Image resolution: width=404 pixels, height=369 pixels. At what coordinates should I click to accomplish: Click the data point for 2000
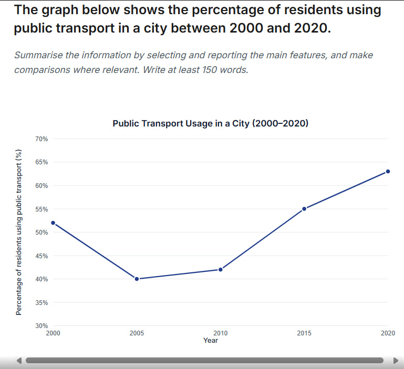pyautogui.click(x=53, y=223)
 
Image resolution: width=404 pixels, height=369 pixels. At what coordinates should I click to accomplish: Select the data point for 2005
pyautogui.click(x=137, y=279)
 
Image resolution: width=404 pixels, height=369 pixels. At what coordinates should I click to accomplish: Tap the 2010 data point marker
pyautogui.click(x=221, y=270)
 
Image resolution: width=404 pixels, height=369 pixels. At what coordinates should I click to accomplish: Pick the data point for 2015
pyautogui.click(x=304, y=209)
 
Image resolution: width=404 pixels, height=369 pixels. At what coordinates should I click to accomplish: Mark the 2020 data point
pyautogui.click(x=388, y=172)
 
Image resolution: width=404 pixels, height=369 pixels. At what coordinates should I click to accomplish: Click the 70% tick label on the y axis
pyautogui.click(x=42, y=139)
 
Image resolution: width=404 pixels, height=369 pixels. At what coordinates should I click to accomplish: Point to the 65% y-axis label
pyautogui.click(x=42, y=162)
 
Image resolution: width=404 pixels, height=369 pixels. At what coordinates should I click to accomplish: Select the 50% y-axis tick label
pyautogui.click(x=42, y=233)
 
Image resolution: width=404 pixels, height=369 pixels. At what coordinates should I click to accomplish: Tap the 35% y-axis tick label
pyautogui.click(x=42, y=303)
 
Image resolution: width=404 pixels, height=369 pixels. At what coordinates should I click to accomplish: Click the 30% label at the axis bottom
pyautogui.click(x=42, y=326)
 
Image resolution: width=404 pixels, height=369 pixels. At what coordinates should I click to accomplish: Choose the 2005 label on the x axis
pyautogui.click(x=137, y=333)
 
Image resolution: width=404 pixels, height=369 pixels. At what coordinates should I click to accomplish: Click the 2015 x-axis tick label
pyautogui.click(x=304, y=333)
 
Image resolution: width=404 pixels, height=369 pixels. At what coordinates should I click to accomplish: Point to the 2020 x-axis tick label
pyautogui.click(x=388, y=333)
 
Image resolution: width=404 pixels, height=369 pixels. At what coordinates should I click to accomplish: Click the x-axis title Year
pyautogui.click(x=211, y=341)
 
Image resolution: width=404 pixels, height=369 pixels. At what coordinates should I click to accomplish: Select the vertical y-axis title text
pyautogui.click(x=19, y=233)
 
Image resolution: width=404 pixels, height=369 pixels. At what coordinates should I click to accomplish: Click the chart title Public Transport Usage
pyautogui.click(x=210, y=124)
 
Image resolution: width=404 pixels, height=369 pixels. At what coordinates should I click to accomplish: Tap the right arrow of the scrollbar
pyautogui.click(x=396, y=361)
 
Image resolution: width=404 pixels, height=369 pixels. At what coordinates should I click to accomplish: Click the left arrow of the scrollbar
pyautogui.click(x=19, y=361)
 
